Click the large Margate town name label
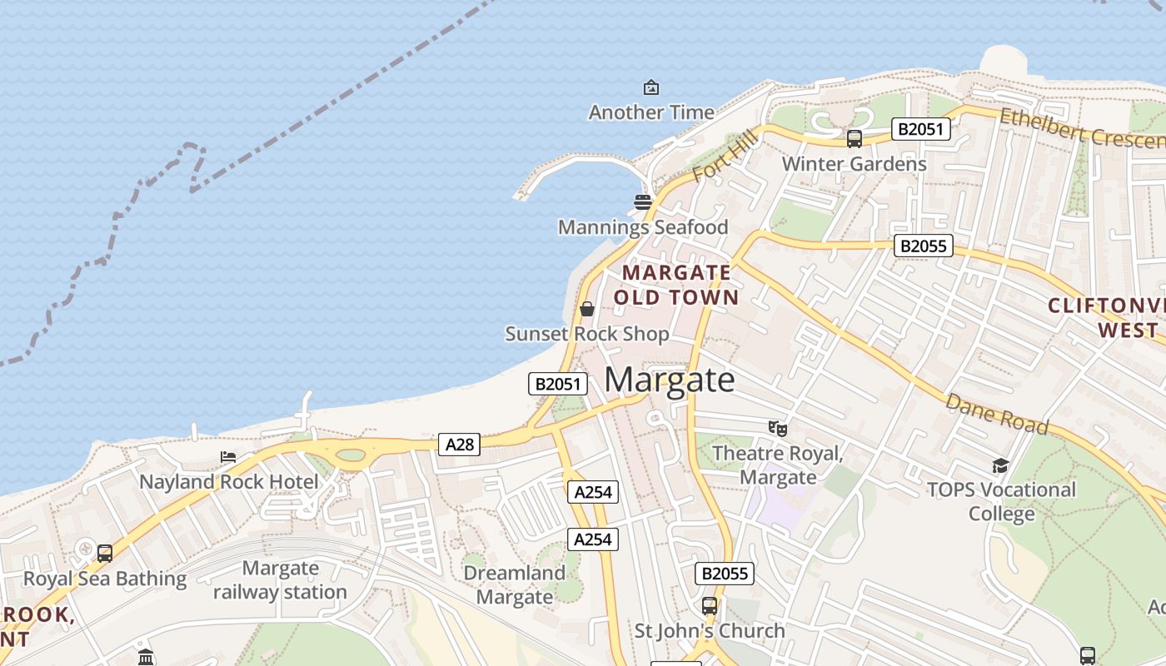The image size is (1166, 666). [x=670, y=380]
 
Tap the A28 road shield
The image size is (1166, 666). [x=459, y=445]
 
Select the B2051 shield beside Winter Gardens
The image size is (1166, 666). [x=920, y=129]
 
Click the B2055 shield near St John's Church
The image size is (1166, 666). [x=725, y=573]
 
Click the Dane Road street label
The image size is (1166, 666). [x=996, y=414]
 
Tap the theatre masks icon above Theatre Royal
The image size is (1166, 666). [x=778, y=428]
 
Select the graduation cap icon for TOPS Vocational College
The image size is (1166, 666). [x=1000, y=465]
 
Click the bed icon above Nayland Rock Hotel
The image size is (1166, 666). [x=228, y=457]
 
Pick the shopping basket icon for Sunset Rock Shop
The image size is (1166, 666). [x=587, y=309]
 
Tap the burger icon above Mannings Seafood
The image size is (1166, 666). [x=642, y=201]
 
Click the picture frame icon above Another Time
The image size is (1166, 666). [x=650, y=87]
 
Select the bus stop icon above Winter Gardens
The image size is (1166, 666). [x=854, y=139]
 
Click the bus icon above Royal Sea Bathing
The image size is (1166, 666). [x=105, y=553]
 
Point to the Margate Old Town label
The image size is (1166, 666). [x=676, y=285]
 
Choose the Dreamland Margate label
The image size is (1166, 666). [x=514, y=584]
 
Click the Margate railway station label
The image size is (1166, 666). [x=280, y=580]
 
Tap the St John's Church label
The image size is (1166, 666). [x=710, y=631]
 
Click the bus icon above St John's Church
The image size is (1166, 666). [x=710, y=605]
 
